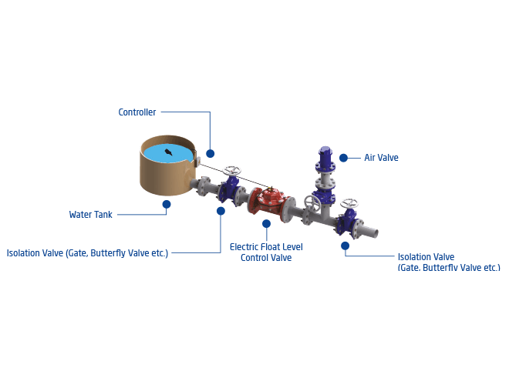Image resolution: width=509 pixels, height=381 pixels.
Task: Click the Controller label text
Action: [137, 112]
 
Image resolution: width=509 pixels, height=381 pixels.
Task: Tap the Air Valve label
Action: [381, 158]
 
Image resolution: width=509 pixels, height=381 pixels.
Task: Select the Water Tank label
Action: [90, 215]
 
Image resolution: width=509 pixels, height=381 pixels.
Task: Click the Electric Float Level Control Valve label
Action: [266, 252]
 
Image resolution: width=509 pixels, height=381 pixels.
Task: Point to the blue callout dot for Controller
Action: [211, 154]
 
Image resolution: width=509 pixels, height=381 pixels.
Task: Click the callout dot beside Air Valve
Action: [343, 158]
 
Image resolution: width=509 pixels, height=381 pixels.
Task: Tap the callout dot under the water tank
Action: [167, 205]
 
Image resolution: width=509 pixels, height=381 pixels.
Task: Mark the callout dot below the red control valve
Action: [267, 223]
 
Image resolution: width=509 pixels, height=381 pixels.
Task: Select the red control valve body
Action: [271, 202]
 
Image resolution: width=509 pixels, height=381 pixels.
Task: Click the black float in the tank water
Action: [168, 152]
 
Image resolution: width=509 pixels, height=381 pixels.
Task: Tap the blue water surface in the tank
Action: [167, 153]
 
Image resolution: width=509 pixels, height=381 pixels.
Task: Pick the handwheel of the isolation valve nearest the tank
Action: [232, 170]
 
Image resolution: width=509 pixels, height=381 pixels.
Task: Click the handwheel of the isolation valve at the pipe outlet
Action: [349, 203]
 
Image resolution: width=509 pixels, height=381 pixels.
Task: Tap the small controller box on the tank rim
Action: [197, 162]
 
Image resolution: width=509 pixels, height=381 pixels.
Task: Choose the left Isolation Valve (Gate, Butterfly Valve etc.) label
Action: [87, 253]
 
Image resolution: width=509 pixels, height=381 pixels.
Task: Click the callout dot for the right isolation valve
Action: [345, 246]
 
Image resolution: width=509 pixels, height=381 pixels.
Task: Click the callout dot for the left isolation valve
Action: [221, 211]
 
